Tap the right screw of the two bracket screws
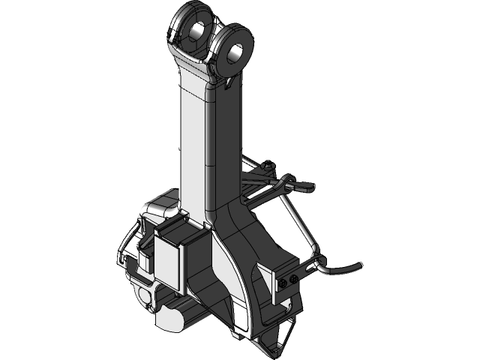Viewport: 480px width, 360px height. pos(293,278)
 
